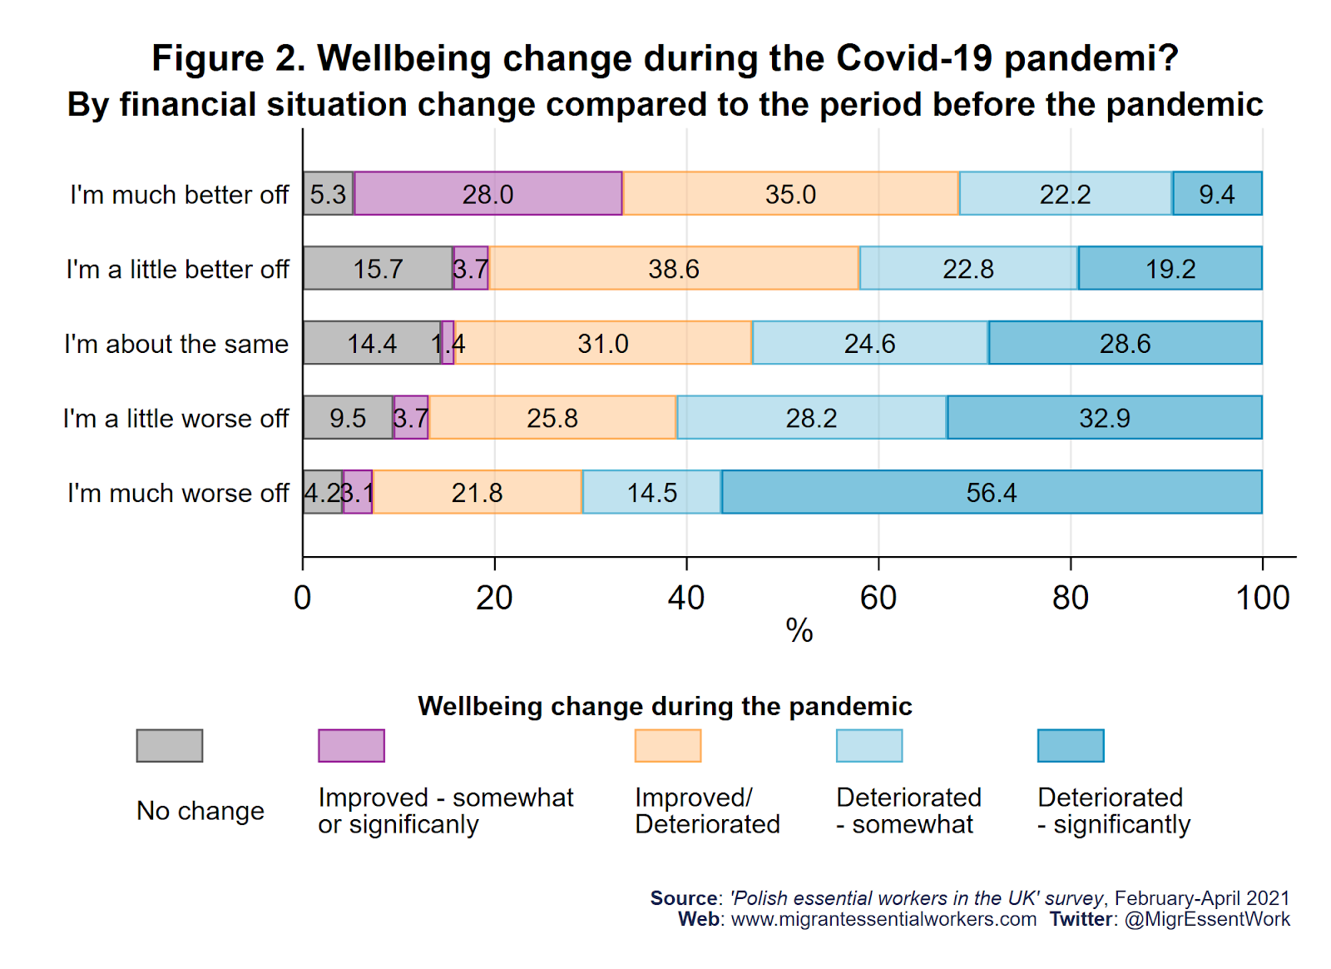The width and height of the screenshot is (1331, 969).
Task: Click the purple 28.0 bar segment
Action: click(488, 194)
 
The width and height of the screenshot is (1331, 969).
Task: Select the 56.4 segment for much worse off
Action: click(992, 492)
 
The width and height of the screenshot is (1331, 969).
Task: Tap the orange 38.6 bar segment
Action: click(674, 268)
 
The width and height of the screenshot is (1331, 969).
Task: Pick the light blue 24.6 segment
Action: click(870, 343)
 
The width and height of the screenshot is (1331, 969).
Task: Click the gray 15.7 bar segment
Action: click(378, 268)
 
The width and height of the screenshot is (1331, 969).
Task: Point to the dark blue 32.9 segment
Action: click(1105, 417)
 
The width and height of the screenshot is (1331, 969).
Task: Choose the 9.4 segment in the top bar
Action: click(1217, 194)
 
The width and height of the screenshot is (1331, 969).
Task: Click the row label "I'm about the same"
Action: click(176, 344)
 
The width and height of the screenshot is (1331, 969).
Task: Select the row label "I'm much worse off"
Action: click(178, 493)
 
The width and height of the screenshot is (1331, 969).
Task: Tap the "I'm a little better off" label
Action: click(177, 269)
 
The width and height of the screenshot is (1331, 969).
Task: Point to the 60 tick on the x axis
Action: click(878, 598)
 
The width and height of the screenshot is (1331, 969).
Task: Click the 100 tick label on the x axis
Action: click(1262, 598)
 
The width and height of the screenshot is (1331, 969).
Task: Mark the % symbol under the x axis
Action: click(799, 630)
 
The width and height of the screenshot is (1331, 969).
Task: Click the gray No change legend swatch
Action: click(170, 745)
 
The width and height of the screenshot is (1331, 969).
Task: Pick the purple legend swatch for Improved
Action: click(351, 745)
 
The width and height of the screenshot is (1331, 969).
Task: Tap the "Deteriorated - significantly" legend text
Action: click(1114, 811)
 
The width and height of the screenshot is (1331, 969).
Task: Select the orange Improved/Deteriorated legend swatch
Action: click(668, 745)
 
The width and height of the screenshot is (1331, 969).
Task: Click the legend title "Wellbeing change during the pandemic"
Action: click(665, 706)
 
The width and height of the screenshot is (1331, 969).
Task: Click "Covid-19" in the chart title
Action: click(914, 58)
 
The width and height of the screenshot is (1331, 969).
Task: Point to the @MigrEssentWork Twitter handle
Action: click(1207, 919)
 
